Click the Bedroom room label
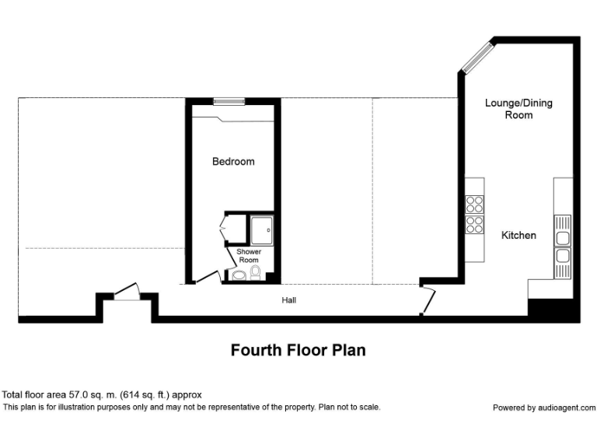click(233, 162)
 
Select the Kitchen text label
click(518, 235)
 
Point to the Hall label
click(288, 300)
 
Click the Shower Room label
click(249, 256)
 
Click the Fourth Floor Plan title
click(298, 350)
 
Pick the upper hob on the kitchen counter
click(474, 204)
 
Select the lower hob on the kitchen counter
click(474, 225)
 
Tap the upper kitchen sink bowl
click(563, 237)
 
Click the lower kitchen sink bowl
click(563, 256)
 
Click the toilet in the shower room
click(256, 271)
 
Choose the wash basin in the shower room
click(236, 275)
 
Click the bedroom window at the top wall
click(229, 100)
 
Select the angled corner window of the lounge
click(477, 57)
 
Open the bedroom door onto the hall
click(207, 276)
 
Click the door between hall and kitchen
click(428, 300)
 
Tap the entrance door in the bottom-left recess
click(126, 292)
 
